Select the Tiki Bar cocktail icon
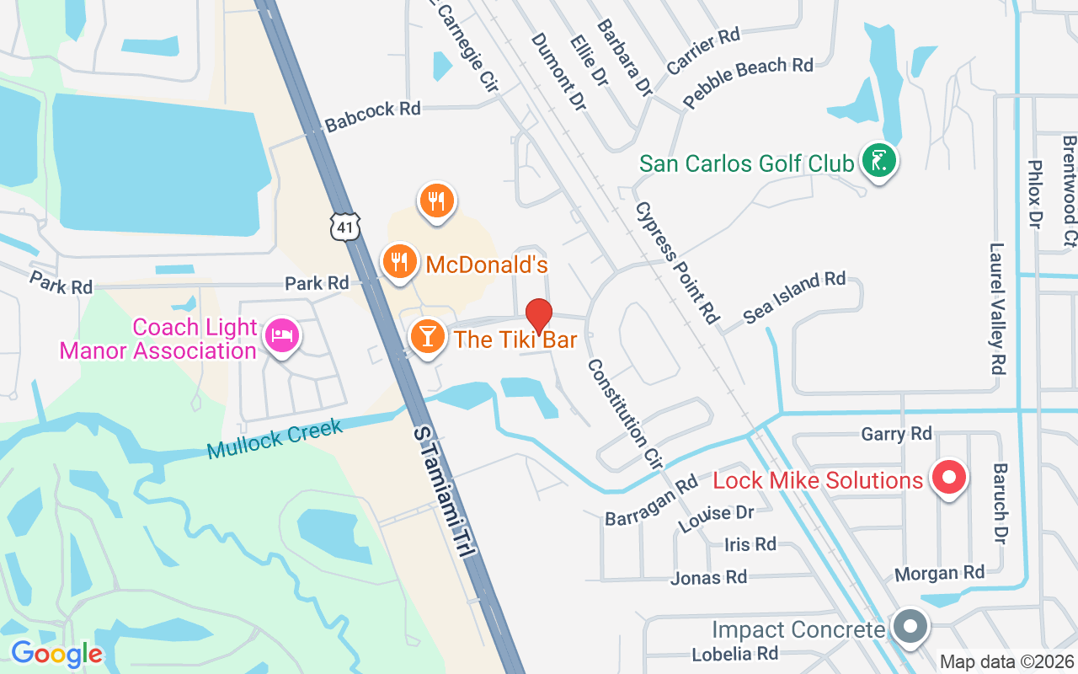tap(427, 336)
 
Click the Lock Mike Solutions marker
tap(949, 478)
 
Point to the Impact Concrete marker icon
tap(910, 628)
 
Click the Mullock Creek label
tap(275, 439)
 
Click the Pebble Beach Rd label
tap(748, 82)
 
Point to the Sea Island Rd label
tap(794, 297)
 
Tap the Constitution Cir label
tap(625, 413)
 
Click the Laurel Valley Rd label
tap(998, 308)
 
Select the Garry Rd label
tap(896, 433)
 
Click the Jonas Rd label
tap(708, 577)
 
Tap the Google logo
tap(56, 654)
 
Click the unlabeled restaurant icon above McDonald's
tap(436, 201)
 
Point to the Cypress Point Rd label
tap(676, 262)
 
